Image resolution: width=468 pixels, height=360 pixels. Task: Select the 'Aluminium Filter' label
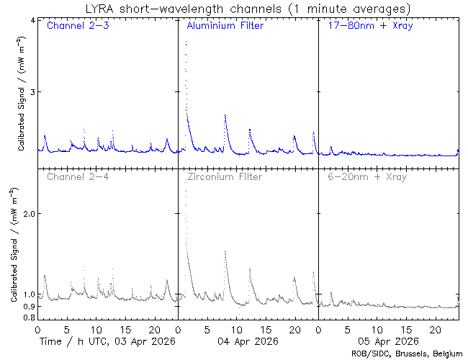tap(225, 27)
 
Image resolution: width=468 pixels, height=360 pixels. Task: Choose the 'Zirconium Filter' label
tap(224, 176)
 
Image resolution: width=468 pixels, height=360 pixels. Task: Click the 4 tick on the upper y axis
tap(31, 20)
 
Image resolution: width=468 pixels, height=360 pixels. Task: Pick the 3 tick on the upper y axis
tap(31, 92)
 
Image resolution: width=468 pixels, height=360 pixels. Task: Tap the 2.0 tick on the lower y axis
tap(27, 214)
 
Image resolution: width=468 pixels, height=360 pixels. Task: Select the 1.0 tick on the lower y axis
tap(27, 294)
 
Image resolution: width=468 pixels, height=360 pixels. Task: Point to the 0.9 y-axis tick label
tap(27, 307)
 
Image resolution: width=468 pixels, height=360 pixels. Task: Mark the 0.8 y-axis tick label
tap(27, 318)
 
